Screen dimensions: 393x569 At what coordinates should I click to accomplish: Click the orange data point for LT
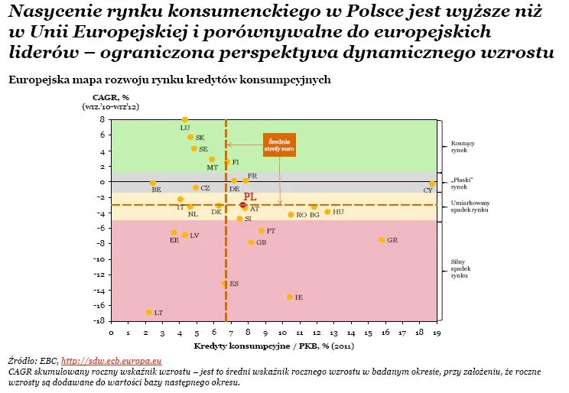(x=148, y=312)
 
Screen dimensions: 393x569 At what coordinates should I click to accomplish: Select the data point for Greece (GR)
(x=382, y=240)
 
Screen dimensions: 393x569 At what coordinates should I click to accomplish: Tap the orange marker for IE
(x=289, y=297)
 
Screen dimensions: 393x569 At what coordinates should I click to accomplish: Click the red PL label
(x=249, y=196)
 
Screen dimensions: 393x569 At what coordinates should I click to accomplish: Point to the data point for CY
(x=432, y=184)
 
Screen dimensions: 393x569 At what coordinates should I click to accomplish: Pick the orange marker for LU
(x=185, y=120)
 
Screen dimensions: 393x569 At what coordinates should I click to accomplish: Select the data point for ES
(x=225, y=283)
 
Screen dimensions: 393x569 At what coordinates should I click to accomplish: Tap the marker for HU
(x=327, y=212)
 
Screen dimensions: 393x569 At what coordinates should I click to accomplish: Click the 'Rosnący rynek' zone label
(x=463, y=147)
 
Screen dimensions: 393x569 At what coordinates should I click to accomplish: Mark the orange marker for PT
(x=261, y=230)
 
